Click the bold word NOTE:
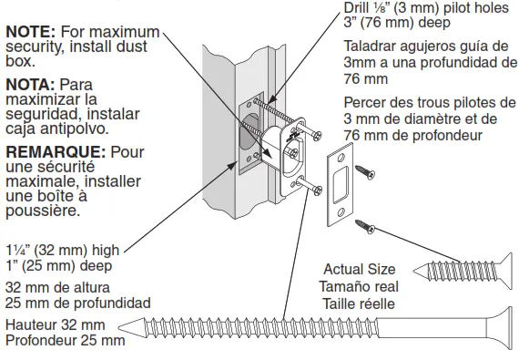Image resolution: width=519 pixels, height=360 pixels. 28,31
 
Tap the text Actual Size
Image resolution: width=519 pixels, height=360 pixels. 360,270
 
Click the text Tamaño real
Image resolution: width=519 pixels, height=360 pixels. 358,284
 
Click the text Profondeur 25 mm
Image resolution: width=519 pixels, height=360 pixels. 63,341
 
